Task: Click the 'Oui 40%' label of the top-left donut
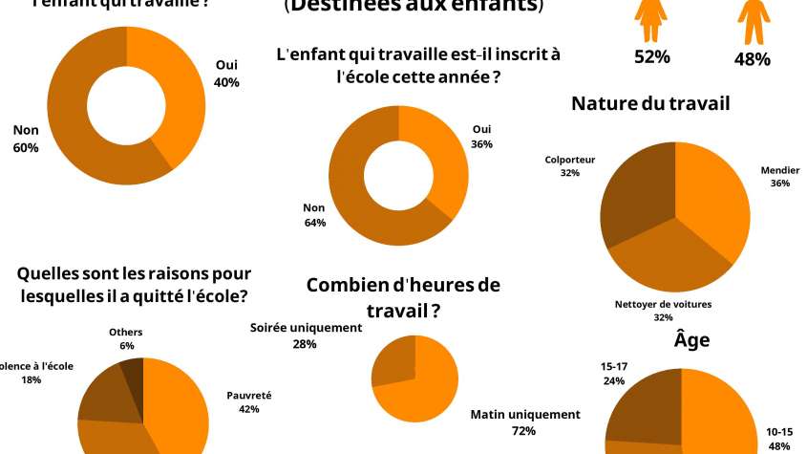pos(226,74)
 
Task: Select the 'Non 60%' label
pos(26,139)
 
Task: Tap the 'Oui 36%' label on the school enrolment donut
pos(481,137)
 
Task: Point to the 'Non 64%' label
pos(314,214)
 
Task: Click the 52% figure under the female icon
pos(652,56)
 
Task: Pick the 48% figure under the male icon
pos(753,58)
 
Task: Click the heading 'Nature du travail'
pos(650,103)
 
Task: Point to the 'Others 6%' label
pos(126,338)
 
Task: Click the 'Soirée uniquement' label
pos(306,328)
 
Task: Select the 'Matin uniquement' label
pos(524,414)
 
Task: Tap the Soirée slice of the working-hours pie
pos(393,363)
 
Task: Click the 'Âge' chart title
pos(691,338)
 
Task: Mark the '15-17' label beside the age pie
pos(613,365)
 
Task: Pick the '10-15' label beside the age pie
pos(778,432)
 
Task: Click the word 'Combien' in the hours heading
pos(342,284)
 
